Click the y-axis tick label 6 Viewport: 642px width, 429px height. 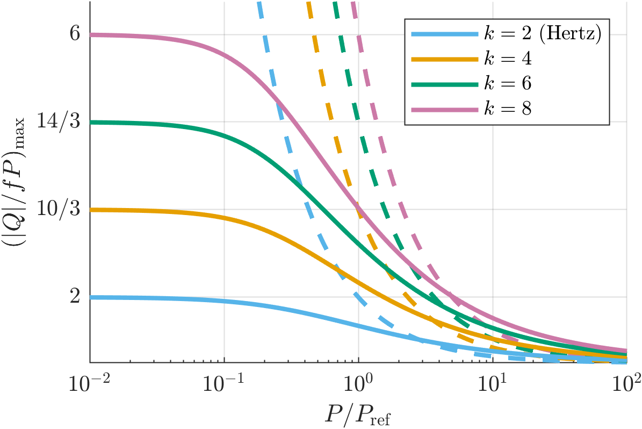pyautogui.click(x=75, y=34)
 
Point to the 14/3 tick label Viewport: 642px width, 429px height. pyautogui.click(x=61, y=122)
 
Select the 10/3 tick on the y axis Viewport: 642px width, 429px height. pyautogui.click(x=61, y=210)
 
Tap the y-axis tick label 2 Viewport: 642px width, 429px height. pyautogui.click(x=75, y=297)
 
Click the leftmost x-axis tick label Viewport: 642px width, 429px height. pyautogui.click(x=89, y=384)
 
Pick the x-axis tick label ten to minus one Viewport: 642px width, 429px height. pyautogui.click(x=223, y=384)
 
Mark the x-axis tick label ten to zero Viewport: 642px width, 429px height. pyautogui.click(x=359, y=384)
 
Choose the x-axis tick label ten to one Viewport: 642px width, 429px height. pyautogui.click(x=493, y=384)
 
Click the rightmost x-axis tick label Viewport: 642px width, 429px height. pyautogui.click(x=626, y=384)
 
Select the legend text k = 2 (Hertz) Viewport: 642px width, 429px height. pyautogui.click(x=543, y=34)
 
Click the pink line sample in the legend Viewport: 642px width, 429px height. pyautogui.click(x=444, y=110)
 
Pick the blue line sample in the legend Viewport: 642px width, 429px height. pyautogui.click(x=444, y=34)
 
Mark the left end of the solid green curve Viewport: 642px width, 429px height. pyautogui.click(x=91, y=122)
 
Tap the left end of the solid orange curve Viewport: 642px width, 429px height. pyautogui.click(x=91, y=210)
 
